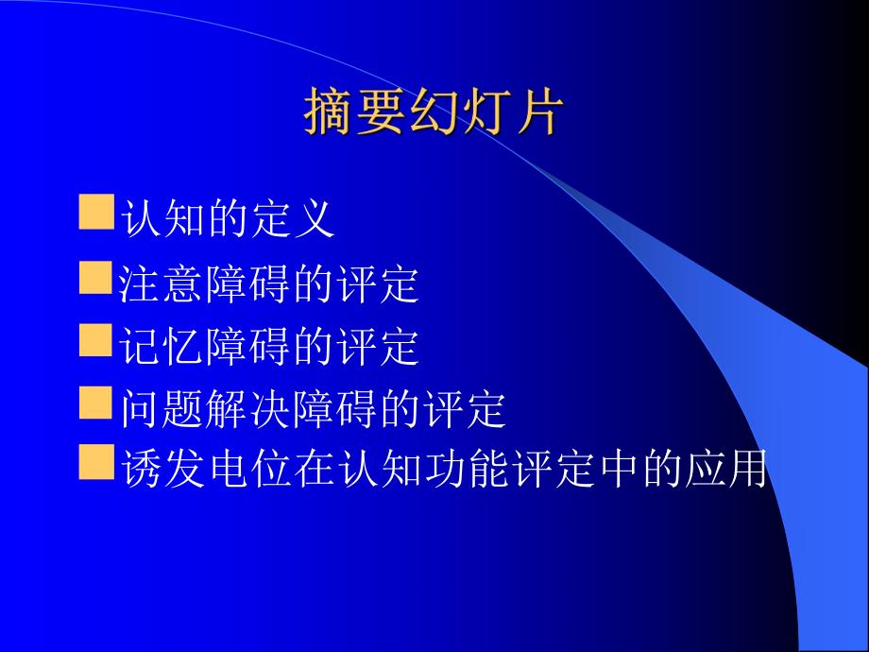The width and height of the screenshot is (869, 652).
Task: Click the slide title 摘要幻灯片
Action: point(434,114)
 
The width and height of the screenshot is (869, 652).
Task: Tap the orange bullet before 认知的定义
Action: point(95,214)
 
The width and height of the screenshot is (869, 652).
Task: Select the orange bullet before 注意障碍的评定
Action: point(95,279)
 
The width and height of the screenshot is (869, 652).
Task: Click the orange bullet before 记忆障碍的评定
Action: point(95,341)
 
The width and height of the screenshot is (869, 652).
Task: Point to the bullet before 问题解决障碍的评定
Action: point(95,403)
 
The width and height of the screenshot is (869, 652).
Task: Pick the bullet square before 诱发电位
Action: point(95,464)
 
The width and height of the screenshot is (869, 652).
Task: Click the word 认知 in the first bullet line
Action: point(163,219)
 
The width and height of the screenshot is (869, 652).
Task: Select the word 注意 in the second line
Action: point(163,283)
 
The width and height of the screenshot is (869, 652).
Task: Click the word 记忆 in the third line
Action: point(163,347)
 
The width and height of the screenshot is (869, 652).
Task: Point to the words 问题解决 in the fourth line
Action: point(208,409)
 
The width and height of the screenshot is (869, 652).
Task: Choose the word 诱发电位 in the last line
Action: point(208,470)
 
